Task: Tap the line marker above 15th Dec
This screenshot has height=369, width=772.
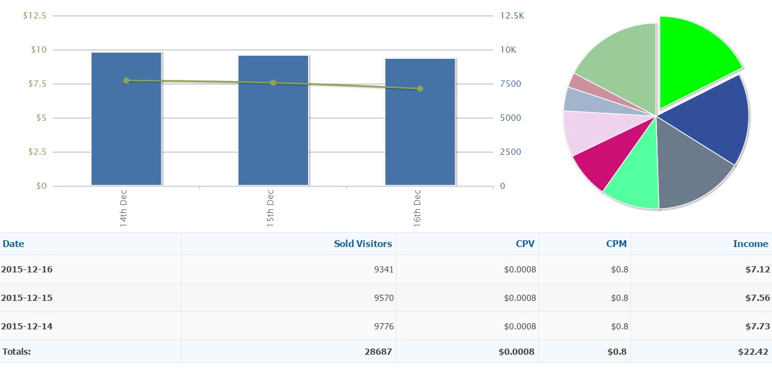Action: [x=273, y=83]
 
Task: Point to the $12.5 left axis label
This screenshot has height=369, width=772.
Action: [x=35, y=15]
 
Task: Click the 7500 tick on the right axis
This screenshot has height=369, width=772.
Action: [x=510, y=84]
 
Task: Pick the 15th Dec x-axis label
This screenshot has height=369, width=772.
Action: [x=270, y=207]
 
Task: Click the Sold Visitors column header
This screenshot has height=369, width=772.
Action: [x=362, y=244]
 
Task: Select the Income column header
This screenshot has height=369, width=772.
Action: [x=750, y=244]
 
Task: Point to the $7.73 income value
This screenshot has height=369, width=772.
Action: [x=757, y=326]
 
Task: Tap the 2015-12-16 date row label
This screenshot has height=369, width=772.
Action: [x=27, y=269]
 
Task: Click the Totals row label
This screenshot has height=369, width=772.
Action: [x=17, y=352]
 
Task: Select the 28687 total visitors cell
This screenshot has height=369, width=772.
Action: [x=379, y=352]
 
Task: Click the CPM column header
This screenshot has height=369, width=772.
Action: [x=616, y=244]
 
